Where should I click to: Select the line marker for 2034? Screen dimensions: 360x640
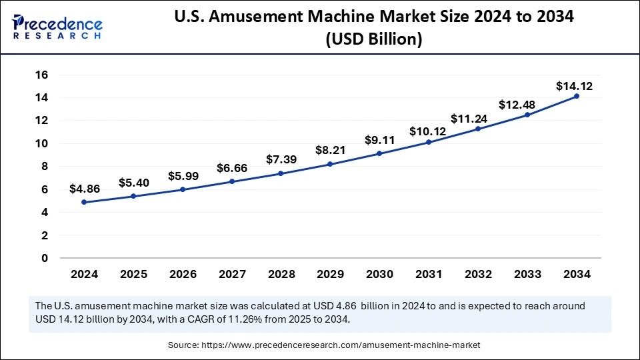pyautogui.click(x=577, y=96)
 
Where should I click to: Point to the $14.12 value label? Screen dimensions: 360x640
pyautogui.click(x=575, y=86)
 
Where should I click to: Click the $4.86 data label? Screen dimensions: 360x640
pyautogui.click(x=85, y=189)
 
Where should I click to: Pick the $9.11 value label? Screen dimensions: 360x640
pyautogui.click(x=380, y=140)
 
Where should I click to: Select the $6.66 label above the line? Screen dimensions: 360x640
pyautogui.click(x=232, y=168)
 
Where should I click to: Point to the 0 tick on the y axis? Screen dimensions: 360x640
pyautogui.click(x=45, y=258)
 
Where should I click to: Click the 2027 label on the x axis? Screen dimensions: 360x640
pyautogui.click(x=232, y=274)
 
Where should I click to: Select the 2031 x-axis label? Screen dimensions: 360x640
pyautogui.click(x=429, y=274)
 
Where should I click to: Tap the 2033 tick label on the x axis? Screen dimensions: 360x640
pyautogui.click(x=527, y=274)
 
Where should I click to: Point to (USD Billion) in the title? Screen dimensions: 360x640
pyautogui.click(x=374, y=40)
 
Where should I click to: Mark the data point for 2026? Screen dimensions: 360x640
pyautogui.click(x=183, y=189)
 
